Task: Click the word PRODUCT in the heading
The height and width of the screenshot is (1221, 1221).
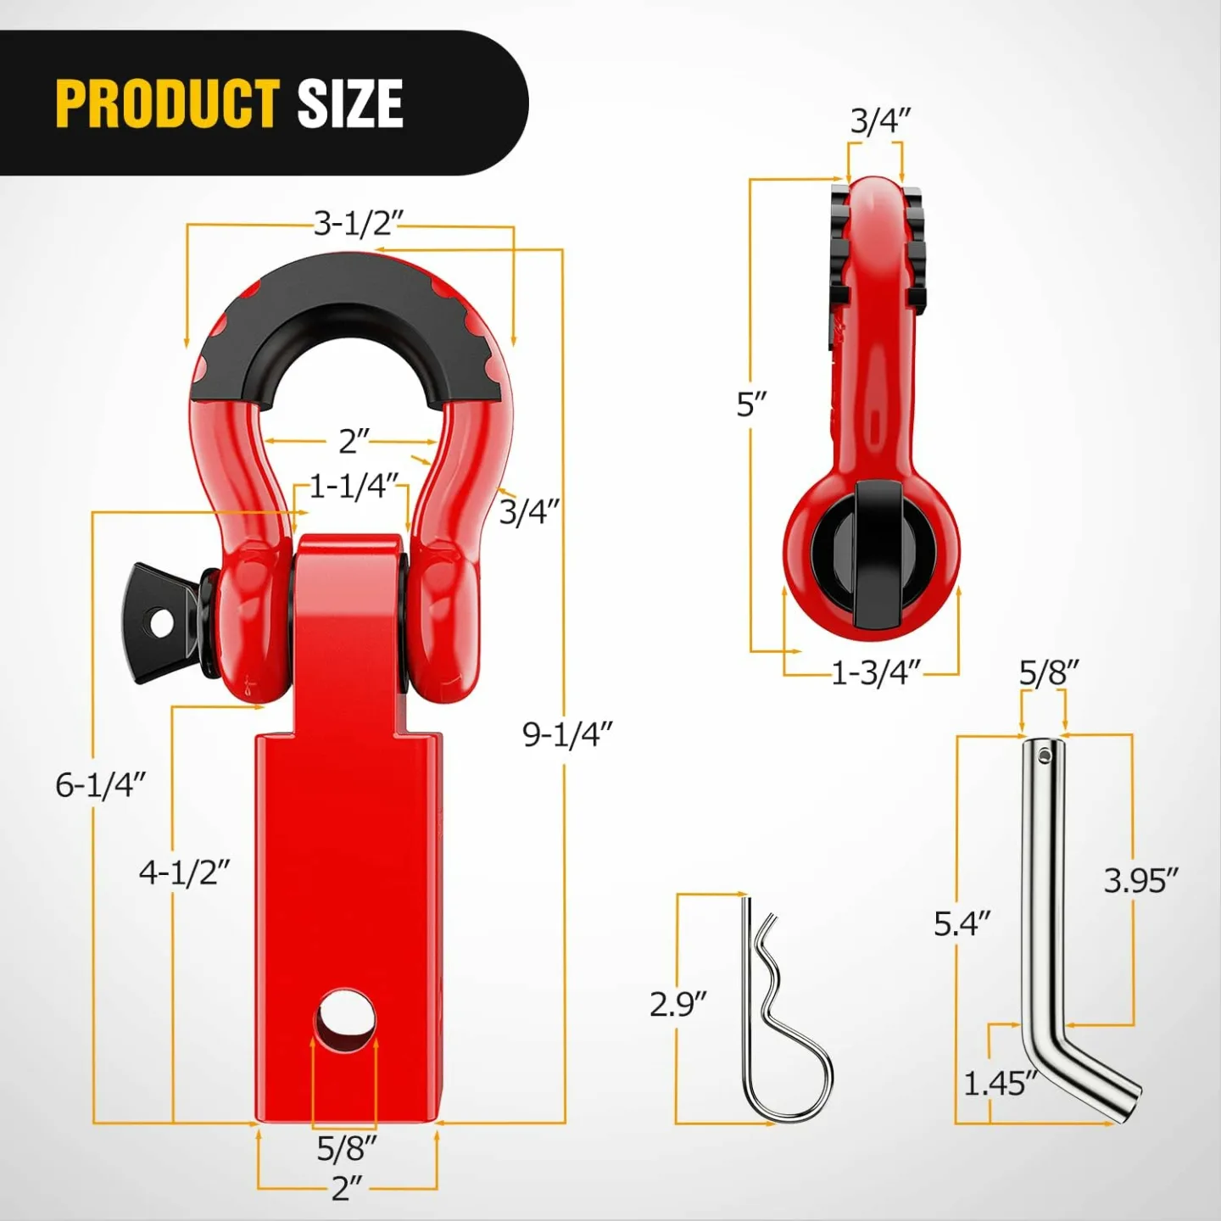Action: pyautogui.click(x=167, y=103)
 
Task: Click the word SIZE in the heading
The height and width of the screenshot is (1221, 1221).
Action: pyautogui.click(x=349, y=103)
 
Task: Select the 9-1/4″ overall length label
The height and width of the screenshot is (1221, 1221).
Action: pyautogui.click(x=566, y=734)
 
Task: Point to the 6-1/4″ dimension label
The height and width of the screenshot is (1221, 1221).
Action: pyautogui.click(x=100, y=785)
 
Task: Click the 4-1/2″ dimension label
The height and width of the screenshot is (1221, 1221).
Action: pyautogui.click(x=184, y=873)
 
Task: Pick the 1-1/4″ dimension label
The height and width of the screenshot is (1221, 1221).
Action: pyautogui.click(x=353, y=488)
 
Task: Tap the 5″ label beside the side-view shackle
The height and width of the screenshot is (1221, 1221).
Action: pyautogui.click(x=751, y=404)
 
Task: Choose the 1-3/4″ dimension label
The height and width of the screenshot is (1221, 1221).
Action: pyautogui.click(x=875, y=673)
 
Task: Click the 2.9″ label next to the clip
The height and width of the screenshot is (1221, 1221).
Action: pyautogui.click(x=677, y=1005)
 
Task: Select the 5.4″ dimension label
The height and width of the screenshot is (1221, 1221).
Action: pyautogui.click(x=962, y=923)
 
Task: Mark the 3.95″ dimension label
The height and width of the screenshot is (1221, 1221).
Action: pyautogui.click(x=1140, y=881)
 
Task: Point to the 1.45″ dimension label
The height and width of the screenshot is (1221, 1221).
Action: pyautogui.click(x=1000, y=1084)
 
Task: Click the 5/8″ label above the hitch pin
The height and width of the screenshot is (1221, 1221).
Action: pyautogui.click(x=1048, y=673)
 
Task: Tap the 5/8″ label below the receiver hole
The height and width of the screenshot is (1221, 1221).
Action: pyautogui.click(x=346, y=1149)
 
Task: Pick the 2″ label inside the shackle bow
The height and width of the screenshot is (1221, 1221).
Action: pyautogui.click(x=354, y=441)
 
